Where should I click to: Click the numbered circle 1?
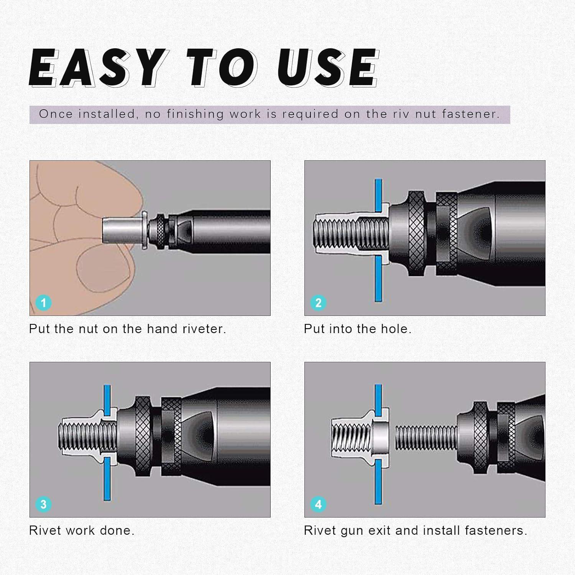coord(43,303)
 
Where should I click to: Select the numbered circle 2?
coord(318,303)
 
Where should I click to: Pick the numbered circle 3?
coord(43,504)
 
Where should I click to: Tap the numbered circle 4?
coord(318,504)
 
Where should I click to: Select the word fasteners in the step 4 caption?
coord(496,531)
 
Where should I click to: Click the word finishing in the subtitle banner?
coord(195,114)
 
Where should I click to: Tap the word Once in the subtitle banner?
coord(56,114)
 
